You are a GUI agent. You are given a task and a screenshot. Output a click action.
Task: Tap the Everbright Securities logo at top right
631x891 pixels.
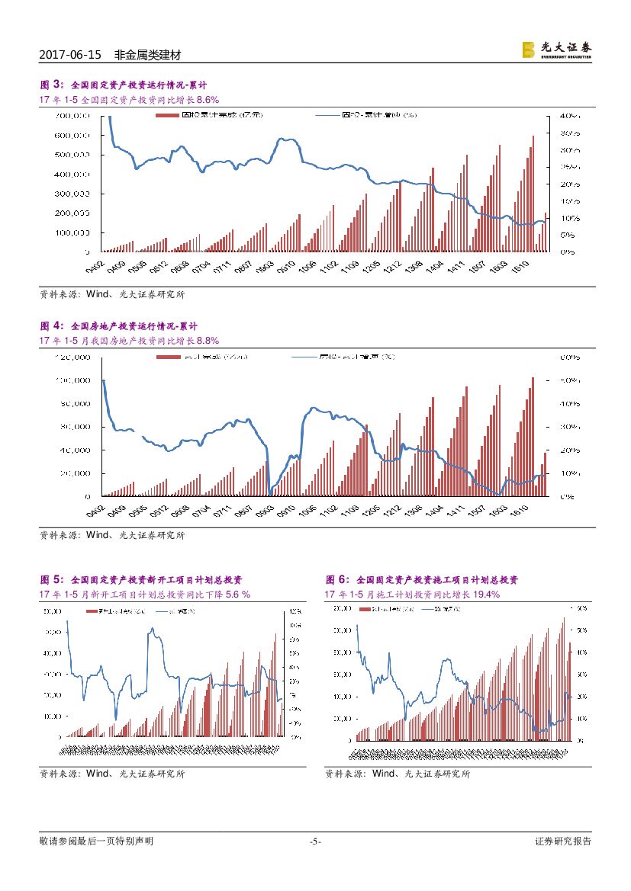pos(556,49)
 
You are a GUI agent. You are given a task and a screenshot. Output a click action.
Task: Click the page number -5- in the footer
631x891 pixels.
pos(315,841)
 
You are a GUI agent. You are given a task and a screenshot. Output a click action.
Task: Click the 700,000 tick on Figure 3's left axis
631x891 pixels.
pos(73,116)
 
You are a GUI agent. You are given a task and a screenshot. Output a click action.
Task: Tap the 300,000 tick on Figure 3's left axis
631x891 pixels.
pos(73,194)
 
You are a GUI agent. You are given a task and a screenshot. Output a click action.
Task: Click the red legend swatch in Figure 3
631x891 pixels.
pos(169,116)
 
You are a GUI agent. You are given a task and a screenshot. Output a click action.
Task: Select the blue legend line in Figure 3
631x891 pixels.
pos(328,116)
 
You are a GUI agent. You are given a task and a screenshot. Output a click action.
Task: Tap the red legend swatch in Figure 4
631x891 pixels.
pos(169,357)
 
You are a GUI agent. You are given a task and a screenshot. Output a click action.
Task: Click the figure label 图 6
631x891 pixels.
pos(336,579)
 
